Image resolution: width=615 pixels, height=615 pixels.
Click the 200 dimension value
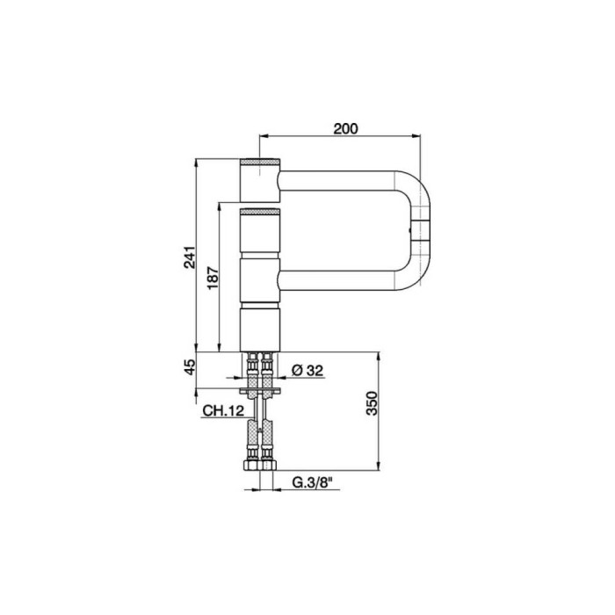tap(345, 128)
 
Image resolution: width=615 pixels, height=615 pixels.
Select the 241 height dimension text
tap(189, 257)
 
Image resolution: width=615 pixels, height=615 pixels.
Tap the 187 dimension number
tap(213, 279)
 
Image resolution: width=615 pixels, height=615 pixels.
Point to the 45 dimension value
tap(190, 366)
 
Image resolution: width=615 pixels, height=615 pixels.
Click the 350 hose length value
tap(371, 403)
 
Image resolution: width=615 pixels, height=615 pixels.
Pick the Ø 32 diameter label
tap(307, 370)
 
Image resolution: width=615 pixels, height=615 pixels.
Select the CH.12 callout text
tap(223, 410)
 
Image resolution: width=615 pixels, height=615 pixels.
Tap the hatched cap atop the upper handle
tap(260, 162)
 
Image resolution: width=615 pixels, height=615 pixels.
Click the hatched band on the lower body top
tap(260, 213)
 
